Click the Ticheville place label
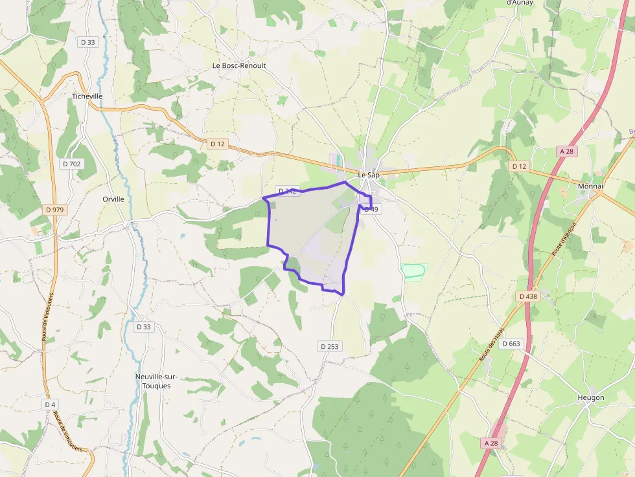coord(87,96)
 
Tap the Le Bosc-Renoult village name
coord(239,66)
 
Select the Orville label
coord(113,199)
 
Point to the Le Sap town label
coord(369,175)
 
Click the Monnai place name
coord(590,186)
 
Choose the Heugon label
coord(591,397)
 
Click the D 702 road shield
coord(72,164)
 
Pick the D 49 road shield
coord(371,209)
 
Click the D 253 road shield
coord(329,346)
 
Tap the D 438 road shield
coord(529,296)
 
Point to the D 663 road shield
coord(511,344)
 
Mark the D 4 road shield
coord(50,404)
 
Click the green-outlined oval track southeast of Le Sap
coord(413,271)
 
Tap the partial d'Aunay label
coord(518,3)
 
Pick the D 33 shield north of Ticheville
coord(87,42)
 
